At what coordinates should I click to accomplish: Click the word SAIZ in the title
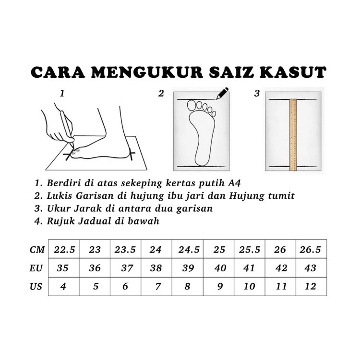pyautogui.click(x=231, y=72)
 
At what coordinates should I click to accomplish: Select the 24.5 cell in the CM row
pyautogui.click(x=188, y=249)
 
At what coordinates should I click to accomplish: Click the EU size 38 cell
pyautogui.click(x=156, y=268)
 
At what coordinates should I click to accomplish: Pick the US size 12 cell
pyautogui.click(x=312, y=286)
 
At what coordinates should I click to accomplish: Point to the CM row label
pyautogui.click(x=37, y=249)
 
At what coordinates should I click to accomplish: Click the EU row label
pyautogui.click(x=36, y=268)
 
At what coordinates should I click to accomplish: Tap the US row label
pyautogui.click(x=36, y=286)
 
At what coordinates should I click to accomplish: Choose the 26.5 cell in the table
pyautogui.click(x=312, y=249)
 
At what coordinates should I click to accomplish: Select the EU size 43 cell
pyautogui.click(x=312, y=268)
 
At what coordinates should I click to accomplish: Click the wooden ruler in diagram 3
pyautogui.click(x=293, y=135)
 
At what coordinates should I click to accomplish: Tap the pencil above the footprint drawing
pyautogui.click(x=222, y=93)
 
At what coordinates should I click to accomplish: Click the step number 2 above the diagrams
pyautogui.click(x=161, y=94)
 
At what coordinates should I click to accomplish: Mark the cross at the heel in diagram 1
pyautogui.click(x=132, y=154)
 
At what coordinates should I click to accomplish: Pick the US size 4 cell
pyautogui.click(x=63, y=286)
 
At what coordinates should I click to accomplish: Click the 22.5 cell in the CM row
pyautogui.click(x=63, y=249)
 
